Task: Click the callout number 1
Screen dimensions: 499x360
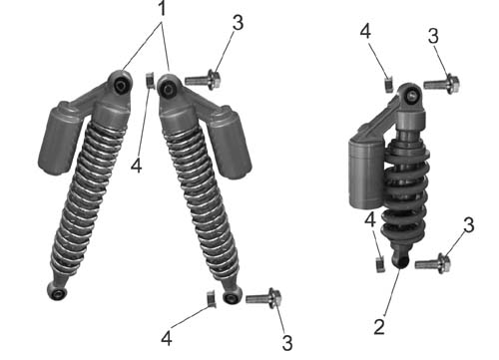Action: click(162, 8)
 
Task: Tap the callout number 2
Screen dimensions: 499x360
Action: click(379, 326)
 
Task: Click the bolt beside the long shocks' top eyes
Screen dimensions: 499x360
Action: click(203, 80)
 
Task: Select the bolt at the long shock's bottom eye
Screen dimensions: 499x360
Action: click(263, 298)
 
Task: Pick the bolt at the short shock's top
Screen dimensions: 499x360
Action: click(441, 84)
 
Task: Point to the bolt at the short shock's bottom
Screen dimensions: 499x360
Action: click(433, 263)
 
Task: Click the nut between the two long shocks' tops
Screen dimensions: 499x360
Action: click(151, 81)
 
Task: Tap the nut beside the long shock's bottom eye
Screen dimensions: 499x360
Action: click(212, 299)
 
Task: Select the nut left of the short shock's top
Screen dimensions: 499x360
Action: click(389, 85)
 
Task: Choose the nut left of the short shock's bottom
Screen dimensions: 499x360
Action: click(380, 264)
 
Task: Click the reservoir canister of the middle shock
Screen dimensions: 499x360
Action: click(230, 142)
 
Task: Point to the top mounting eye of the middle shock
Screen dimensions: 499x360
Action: click(169, 88)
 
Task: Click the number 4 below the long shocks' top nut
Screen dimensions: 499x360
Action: click(137, 166)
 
